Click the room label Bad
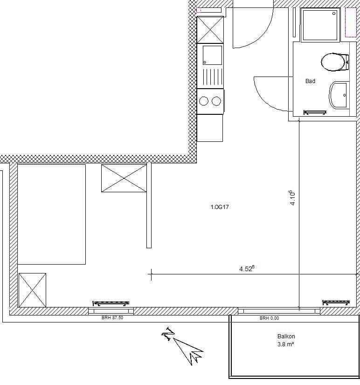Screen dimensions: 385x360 (x=310, y=81)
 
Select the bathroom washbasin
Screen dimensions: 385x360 (x=339, y=95)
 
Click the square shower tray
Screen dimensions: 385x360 (x=320, y=25)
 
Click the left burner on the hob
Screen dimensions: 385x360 (x=204, y=101)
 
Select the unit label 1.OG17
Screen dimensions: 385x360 (x=219, y=207)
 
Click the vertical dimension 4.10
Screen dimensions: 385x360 (x=293, y=197)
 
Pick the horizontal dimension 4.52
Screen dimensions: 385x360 (x=247, y=268)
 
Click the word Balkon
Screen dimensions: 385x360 (x=286, y=336)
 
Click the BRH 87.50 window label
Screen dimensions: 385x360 (x=112, y=318)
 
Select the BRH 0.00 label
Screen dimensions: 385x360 (x=269, y=318)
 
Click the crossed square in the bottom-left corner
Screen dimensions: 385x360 (x=32, y=290)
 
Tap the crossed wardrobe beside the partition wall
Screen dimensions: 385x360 (x=124, y=178)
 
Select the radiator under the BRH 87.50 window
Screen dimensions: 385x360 (x=111, y=302)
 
